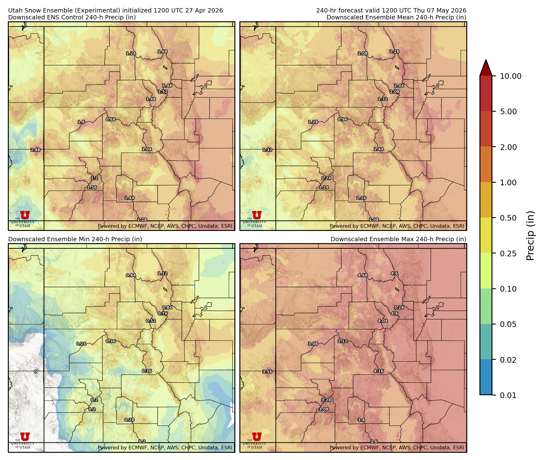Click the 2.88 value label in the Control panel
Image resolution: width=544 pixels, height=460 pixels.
[x=35, y=150]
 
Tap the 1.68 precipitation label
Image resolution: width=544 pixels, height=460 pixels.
[x=162, y=52]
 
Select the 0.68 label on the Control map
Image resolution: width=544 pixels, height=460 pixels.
[x=111, y=120]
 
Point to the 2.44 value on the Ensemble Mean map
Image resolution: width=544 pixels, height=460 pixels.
[x=399, y=86]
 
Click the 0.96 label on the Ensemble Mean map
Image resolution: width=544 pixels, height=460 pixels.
[x=343, y=120]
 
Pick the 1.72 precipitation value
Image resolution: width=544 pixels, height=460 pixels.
[x=383, y=99]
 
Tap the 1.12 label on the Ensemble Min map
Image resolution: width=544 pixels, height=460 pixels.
[x=162, y=273]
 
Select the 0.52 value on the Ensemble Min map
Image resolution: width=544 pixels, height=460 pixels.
[x=151, y=321]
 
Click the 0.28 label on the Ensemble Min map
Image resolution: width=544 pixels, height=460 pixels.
[x=129, y=420]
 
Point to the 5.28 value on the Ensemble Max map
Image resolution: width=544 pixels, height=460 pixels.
[x=399, y=308]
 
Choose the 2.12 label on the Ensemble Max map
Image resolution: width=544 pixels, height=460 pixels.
[x=343, y=341]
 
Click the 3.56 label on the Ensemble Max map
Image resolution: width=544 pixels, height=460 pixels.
[x=267, y=372]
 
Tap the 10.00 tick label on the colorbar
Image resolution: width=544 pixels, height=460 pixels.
[x=510, y=76]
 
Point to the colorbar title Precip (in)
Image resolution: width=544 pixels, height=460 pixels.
[x=530, y=236]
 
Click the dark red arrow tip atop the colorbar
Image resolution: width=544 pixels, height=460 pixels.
[x=486, y=66]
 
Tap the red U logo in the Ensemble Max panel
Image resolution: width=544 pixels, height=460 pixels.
[x=257, y=437]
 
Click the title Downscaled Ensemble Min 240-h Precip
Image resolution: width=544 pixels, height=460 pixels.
[x=75, y=239]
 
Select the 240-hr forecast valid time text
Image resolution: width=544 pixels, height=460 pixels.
[x=391, y=10]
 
